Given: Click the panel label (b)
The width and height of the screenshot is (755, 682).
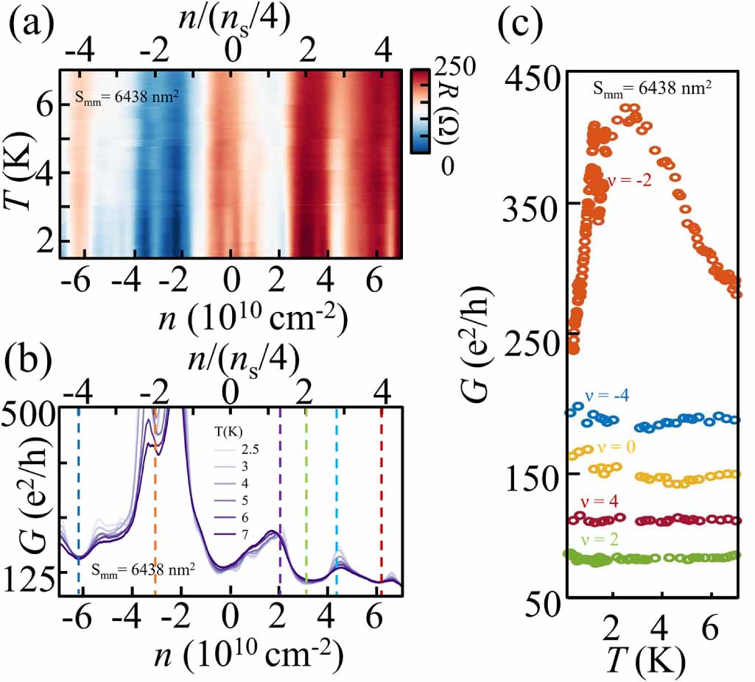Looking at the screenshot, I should click(x=34, y=361).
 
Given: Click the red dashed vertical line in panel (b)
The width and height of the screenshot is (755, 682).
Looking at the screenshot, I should click(x=382, y=500).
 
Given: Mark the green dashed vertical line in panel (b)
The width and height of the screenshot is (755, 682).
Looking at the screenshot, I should click(x=306, y=500).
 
